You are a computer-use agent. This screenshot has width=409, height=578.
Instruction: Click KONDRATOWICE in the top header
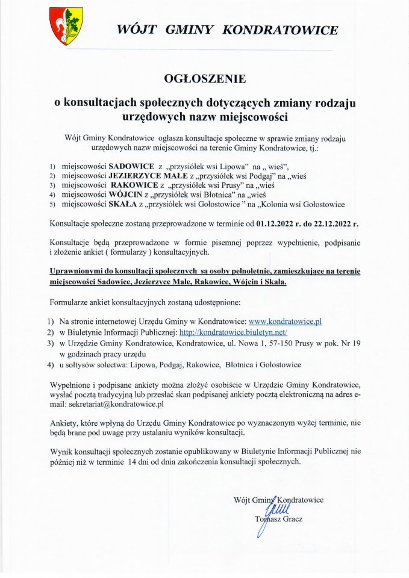click(x=280, y=30)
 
